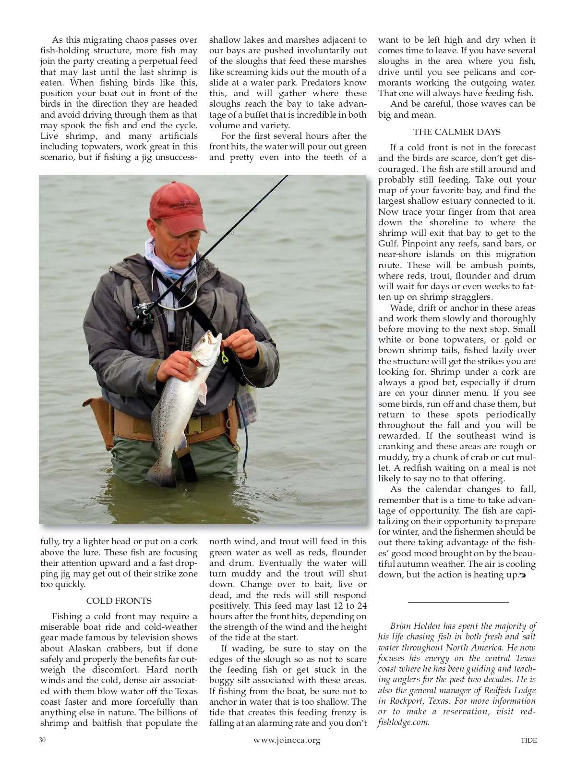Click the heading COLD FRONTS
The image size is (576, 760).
(x=119, y=601)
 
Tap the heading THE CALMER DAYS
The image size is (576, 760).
(x=456, y=132)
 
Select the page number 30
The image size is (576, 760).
(x=42, y=740)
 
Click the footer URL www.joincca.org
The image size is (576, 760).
(x=287, y=740)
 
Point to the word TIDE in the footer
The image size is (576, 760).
(x=528, y=740)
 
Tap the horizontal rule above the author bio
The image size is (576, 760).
(x=457, y=602)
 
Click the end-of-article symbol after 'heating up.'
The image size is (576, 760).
(x=523, y=576)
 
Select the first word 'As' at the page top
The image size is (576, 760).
(x=58, y=40)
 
